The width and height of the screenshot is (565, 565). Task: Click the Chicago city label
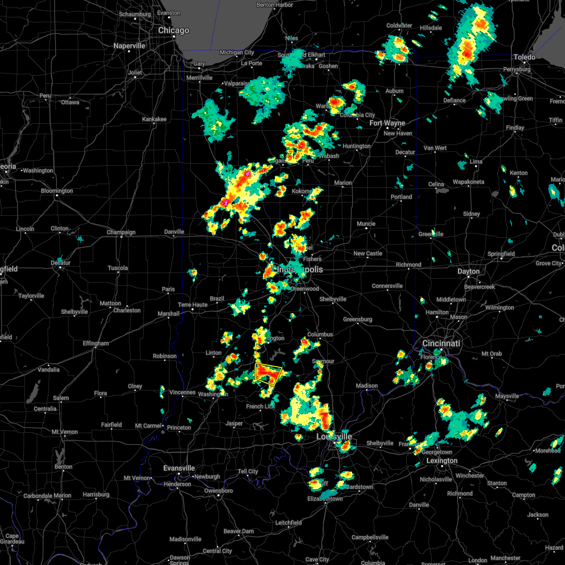(x=174, y=31)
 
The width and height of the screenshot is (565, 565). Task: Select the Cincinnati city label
(x=442, y=344)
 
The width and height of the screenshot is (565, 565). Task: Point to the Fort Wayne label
(x=387, y=123)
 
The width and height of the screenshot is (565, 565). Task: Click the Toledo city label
(x=524, y=57)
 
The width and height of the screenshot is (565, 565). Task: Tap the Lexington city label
(x=442, y=461)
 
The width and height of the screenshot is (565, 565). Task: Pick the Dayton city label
(x=468, y=272)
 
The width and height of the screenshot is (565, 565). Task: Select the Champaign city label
(x=121, y=232)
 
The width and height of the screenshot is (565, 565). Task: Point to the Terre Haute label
(x=193, y=305)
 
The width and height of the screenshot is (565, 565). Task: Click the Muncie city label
(x=366, y=224)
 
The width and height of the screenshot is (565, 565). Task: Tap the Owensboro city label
(x=219, y=491)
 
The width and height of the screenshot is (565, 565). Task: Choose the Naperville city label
(x=129, y=46)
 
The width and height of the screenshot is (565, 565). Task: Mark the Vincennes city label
(x=182, y=393)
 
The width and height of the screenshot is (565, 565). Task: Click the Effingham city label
(x=96, y=344)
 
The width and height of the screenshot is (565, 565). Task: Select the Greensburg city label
(x=357, y=320)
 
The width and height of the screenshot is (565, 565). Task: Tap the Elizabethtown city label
(x=326, y=499)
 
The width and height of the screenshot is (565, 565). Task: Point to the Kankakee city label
(x=154, y=120)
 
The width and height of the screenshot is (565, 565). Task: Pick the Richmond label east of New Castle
(x=408, y=265)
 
